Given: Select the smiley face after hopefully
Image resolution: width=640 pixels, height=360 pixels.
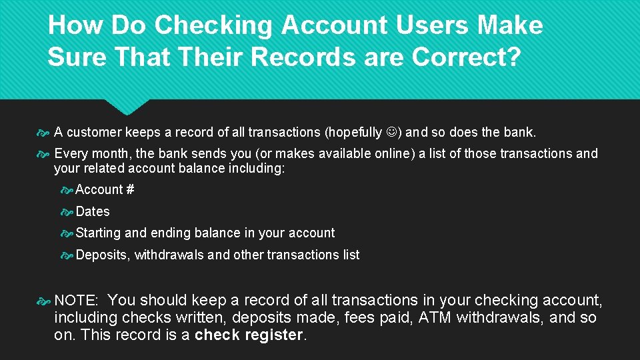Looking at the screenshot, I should coord(392,132).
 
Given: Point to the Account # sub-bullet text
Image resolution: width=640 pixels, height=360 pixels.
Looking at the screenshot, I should coord(105,190).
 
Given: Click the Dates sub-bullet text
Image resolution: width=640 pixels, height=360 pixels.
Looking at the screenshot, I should coord(93,211).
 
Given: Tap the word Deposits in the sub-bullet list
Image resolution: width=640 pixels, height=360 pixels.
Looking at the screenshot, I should coord(102,255).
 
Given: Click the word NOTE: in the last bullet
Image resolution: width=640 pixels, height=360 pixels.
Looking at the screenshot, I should coord(76,301).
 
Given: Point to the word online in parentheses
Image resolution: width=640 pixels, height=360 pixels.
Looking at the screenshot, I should coord(392,154).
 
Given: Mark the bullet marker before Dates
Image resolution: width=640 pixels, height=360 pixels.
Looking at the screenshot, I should coord(67,212).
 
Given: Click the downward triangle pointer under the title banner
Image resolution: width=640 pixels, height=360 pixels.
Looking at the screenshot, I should coord(127,107).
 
